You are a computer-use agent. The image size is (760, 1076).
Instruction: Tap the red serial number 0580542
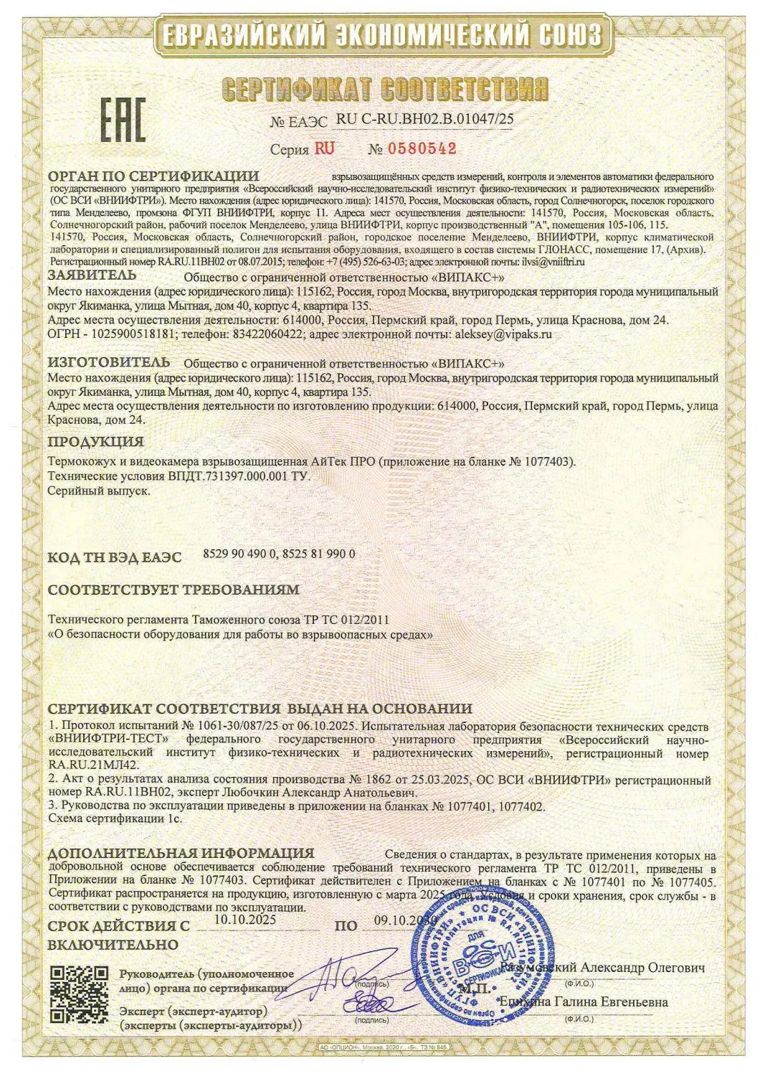(x=422, y=149)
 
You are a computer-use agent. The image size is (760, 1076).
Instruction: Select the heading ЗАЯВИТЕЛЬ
(x=91, y=275)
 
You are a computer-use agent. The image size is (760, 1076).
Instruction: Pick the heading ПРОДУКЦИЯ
(x=95, y=441)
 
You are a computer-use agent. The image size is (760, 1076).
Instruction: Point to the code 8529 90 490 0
(x=237, y=554)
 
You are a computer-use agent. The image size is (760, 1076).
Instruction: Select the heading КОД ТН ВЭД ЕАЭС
(x=115, y=557)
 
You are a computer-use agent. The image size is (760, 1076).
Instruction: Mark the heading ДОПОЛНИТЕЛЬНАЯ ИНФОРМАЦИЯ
(x=181, y=854)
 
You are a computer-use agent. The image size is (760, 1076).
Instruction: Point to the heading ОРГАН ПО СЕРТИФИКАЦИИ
(x=153, y=176)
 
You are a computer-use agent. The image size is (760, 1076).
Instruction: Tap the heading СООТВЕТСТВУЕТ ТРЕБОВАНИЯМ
(x=173, y=590)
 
